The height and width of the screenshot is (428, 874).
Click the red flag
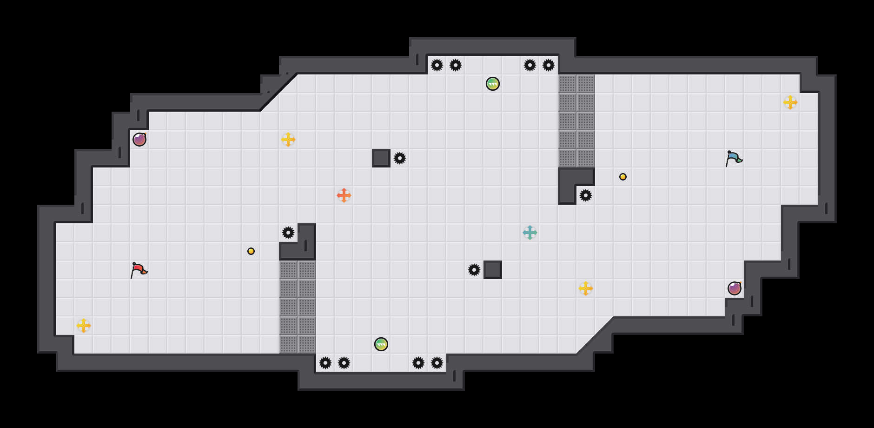click(139, 270)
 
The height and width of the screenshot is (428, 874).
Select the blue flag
click(734, 158)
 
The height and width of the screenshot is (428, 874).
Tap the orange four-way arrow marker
click(344, 195)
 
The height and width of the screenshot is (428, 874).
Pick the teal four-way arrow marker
click(530, 233)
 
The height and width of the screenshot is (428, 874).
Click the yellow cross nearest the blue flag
click(790, 102)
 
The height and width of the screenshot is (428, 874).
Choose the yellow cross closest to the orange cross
click(288, 140)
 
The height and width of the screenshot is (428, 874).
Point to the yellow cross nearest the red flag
click(84, 326)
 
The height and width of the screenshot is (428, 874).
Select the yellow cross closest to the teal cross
click(586, 288)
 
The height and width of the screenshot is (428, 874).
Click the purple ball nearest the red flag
click(139, 140)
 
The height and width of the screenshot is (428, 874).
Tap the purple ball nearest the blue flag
click(735, 288)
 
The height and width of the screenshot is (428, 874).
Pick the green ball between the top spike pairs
click(493, 84)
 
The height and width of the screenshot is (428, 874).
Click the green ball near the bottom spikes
click(381, 344)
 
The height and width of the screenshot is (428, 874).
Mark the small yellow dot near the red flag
click(251, 251)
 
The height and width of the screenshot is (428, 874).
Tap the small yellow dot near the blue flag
click(623, 177)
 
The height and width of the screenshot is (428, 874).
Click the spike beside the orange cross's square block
click(400, 158)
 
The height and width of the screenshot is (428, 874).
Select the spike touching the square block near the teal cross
click(474, 270)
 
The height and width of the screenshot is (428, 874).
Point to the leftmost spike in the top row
click(437, 65)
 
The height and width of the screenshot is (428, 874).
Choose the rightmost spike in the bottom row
click(437, 363)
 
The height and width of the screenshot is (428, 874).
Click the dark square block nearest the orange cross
click(381, 158)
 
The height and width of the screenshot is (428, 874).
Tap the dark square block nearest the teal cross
click(493, 270)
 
